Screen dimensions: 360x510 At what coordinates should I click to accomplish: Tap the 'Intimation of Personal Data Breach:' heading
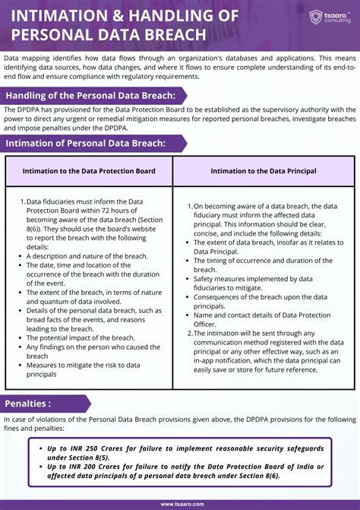(x=86, y=143)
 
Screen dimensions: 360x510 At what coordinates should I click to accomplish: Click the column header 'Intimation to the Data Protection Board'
(x=89, y=171)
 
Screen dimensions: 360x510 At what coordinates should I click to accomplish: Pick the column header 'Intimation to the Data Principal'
(x=264, y=171)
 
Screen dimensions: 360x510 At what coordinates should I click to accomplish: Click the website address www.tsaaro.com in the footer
(x=180, y=503)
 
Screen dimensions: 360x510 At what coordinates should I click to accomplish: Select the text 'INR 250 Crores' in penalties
(x=90, y=448)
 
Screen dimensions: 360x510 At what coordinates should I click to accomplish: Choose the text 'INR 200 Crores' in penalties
(x=90, y=467)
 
